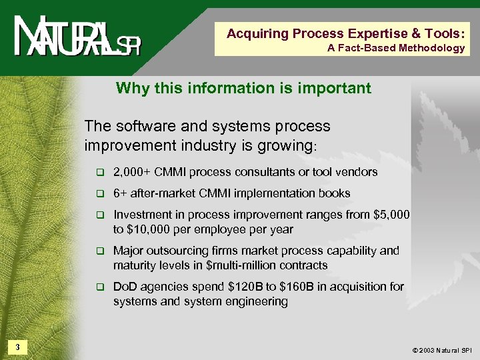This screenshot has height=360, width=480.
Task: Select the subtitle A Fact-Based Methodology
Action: [396, 48]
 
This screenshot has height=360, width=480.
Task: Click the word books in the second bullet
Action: [335, 193]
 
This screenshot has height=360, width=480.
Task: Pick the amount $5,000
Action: [393, 215]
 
